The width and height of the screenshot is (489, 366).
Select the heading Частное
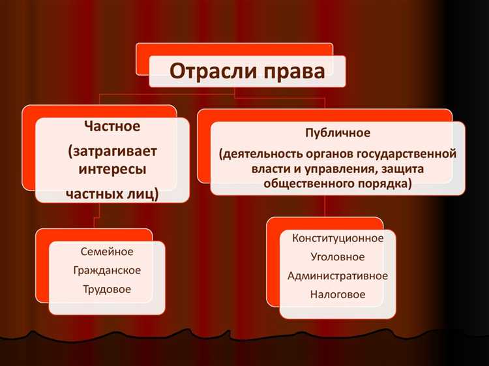112,125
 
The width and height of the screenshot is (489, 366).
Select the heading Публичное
338,133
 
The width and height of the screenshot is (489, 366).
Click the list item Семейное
107,251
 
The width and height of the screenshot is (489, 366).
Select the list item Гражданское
107,270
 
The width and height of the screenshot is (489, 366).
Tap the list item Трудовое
107,288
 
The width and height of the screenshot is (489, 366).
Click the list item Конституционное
338,238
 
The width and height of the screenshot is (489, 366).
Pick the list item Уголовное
338,257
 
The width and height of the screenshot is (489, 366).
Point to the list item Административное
338,276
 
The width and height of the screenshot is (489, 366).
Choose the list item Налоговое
338,295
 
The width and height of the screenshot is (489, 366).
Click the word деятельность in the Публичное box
256,154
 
